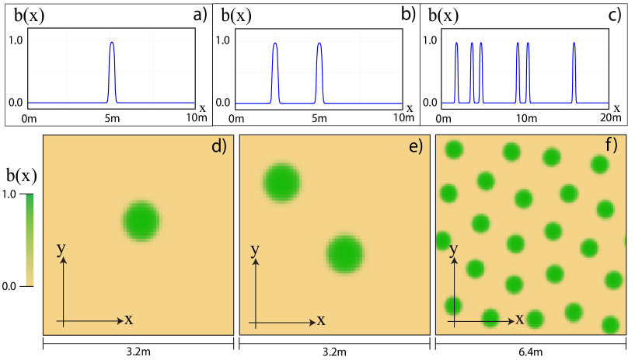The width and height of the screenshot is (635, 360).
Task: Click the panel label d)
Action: click(218, 146)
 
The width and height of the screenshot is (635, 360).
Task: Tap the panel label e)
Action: click(415, 146)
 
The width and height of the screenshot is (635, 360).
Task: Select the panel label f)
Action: click(611, 145)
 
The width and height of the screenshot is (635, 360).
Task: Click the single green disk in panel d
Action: click(141, 221)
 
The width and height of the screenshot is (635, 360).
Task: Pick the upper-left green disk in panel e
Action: click(281, 183)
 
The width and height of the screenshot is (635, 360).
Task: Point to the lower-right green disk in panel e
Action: click(345, 254)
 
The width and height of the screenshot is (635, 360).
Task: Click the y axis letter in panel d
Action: click(61, 249)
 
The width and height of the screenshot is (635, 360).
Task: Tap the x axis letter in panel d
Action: click(128, 319)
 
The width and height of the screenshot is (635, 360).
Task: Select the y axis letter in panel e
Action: click(254, 250)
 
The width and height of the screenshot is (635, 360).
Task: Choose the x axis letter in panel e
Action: click(320, 320)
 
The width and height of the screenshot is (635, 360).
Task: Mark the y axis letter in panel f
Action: click(454, 249)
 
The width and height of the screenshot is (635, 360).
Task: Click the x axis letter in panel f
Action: click(519, 319)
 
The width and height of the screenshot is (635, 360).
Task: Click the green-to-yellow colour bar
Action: click(30, 240)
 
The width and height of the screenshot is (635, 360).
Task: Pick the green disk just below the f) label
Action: click(599, 164)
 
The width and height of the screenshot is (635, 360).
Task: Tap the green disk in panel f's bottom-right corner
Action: click(610, 325)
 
